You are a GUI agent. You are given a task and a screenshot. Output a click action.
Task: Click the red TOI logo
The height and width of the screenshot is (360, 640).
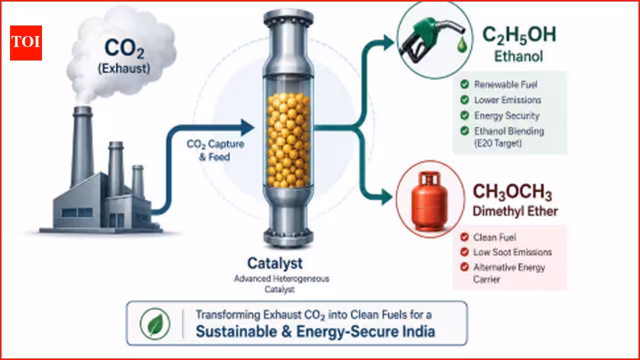tap(26, 43)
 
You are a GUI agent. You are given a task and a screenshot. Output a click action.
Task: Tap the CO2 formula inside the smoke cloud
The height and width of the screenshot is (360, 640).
tap(124, 48)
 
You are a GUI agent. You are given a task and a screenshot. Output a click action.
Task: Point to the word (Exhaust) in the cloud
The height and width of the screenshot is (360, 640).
tap(124, 69)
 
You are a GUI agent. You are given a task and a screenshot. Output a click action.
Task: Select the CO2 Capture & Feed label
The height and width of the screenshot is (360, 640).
tap(215, 150)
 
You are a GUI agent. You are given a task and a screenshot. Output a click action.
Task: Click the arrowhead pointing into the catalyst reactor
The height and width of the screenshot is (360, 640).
tap(247, 127)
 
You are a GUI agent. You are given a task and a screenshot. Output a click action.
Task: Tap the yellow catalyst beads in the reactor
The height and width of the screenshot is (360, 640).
tap(288, 140)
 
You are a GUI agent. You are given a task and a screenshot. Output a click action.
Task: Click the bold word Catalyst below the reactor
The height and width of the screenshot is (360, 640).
tap(275, 263)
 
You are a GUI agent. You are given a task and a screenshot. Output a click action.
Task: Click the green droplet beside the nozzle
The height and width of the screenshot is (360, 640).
tap(462, 45)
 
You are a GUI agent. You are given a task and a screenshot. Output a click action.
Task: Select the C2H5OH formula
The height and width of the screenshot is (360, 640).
tap(519, 35)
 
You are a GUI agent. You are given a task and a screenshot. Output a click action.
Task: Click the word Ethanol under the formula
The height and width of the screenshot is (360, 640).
tap(518, 56)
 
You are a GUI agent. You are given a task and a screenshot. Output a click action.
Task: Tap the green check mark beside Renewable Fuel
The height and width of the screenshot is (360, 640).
tap(464, 84)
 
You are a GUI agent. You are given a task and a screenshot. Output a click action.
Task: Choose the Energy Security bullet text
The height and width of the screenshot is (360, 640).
tap(507, 115)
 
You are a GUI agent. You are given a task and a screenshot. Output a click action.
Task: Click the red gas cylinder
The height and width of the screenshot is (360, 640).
tap(429, 201)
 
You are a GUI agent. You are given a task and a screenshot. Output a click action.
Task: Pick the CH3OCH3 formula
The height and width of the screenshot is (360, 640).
tap(512, 192)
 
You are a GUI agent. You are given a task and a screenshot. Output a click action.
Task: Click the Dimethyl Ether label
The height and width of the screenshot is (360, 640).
tap(515, 211)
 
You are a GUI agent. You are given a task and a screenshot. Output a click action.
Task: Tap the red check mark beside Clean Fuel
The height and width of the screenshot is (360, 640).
tap(464, 237)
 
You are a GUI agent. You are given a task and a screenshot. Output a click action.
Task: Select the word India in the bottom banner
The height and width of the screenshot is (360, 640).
tap(418, 331)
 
